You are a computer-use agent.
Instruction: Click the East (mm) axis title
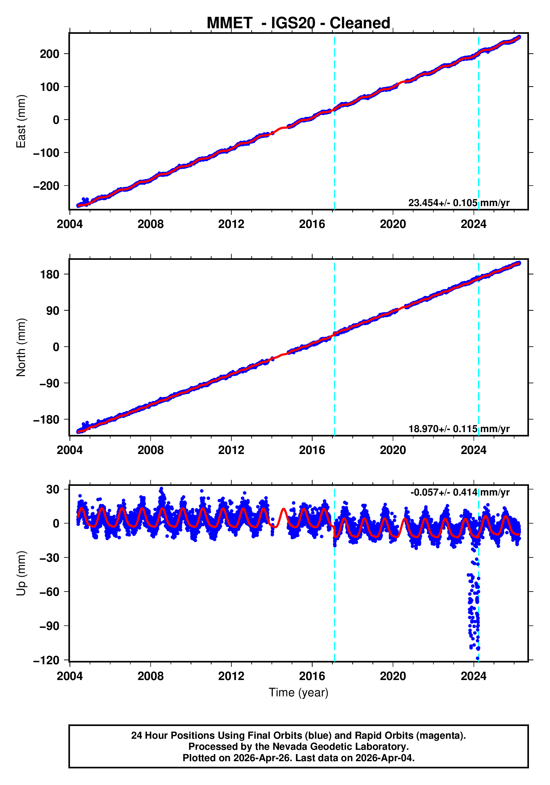tap(21, 121)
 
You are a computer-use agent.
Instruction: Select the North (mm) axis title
tap(21, 347)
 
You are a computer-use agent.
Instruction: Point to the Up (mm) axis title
tap(21, 573)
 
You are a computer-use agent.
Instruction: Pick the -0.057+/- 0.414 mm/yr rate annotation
tap(460, 492)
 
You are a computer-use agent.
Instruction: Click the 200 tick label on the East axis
tap(50, 54)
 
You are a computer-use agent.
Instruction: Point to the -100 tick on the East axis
tap(47, 153)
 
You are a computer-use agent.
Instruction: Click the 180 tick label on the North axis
tap(50, 274)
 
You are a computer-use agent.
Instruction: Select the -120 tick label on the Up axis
tap(47, 660)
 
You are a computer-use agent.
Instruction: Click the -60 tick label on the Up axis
tap(50, 592)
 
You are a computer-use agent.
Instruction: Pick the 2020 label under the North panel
tap(393, 450)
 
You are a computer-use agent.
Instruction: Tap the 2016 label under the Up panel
tap(312, 676)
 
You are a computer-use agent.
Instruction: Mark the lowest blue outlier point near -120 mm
tap(477, 658)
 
